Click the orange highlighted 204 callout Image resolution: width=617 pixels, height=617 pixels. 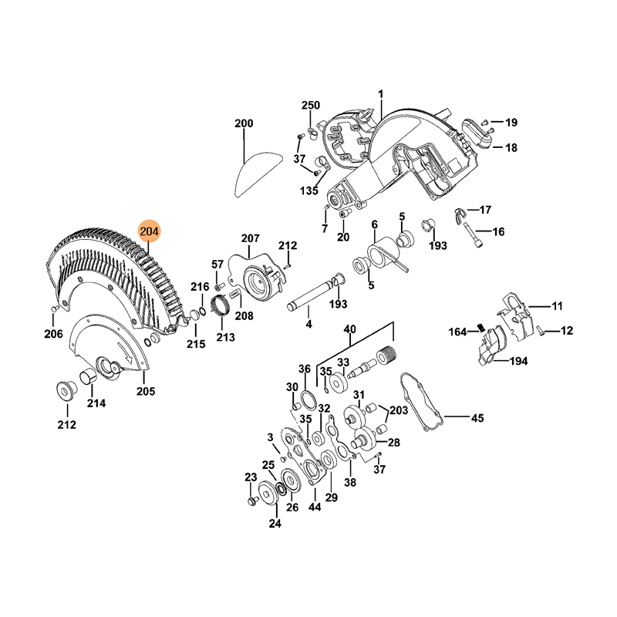pyautogui.click(x=149, y=231)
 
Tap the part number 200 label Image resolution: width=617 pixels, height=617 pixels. pyautogui.click(x=244, y=123)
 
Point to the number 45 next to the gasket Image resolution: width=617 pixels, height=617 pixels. pyautogui.click(x=477, y=419)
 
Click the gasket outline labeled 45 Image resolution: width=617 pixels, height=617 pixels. pyautogui.click(x=420, y=401)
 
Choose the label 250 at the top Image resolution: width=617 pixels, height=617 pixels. pyautogui.click(x=310, y=105)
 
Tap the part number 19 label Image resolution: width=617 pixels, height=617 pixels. pyautogui.click(x=511, y=122)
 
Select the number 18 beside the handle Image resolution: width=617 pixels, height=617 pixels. pyautogui.click(x=511, y=148)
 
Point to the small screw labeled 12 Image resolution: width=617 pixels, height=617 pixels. pyautogui.click(x=541, y=332)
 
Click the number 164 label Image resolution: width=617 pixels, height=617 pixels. pyautogui.click(x=459, y=332)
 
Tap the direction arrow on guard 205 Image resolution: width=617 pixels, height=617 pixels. pyautogui.click(x=126, y=357)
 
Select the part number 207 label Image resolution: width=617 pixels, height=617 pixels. pyautogui.click(x=251, y=238)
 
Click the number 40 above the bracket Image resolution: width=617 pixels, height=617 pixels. pyautogui.click(x=349, y=329)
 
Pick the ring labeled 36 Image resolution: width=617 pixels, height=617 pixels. pyautogui.click(x=306, y=398)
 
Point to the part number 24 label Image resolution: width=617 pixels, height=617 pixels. pyautogui.click(x=275, y=524)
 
